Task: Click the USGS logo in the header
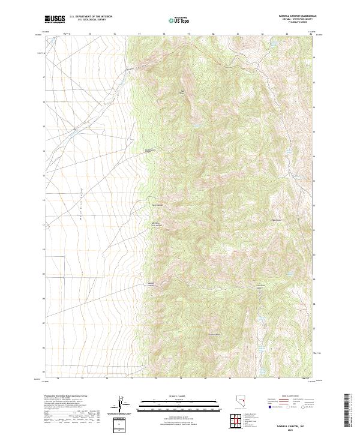tap(55, 19)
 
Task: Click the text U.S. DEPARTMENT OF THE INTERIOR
tap(91, 16)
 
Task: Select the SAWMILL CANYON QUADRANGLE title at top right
tap(292, 16)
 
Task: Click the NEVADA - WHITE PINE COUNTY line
tap(292, 19)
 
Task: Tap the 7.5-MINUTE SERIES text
tap(292, 23)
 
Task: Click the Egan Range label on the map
tap(277, 220)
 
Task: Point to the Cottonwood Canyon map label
tap(151, 151)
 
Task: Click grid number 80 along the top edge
tap(214, 35)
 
